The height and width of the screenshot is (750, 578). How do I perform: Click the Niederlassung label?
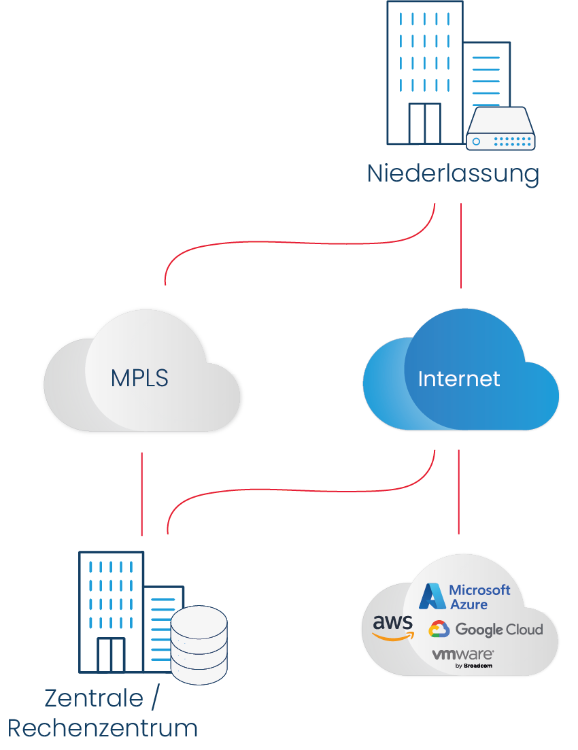453,174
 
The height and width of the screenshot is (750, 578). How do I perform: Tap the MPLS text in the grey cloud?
139,378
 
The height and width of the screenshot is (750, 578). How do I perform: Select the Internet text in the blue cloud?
459,379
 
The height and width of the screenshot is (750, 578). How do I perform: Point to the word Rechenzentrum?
103,729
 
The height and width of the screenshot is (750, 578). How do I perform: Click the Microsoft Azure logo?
464,596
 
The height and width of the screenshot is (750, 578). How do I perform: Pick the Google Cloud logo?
486,630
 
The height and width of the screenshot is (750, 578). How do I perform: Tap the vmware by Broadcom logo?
463,658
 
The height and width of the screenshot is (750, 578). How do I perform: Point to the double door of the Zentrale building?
111,655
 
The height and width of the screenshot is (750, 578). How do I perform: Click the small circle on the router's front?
477,141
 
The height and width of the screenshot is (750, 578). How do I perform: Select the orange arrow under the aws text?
393,637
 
